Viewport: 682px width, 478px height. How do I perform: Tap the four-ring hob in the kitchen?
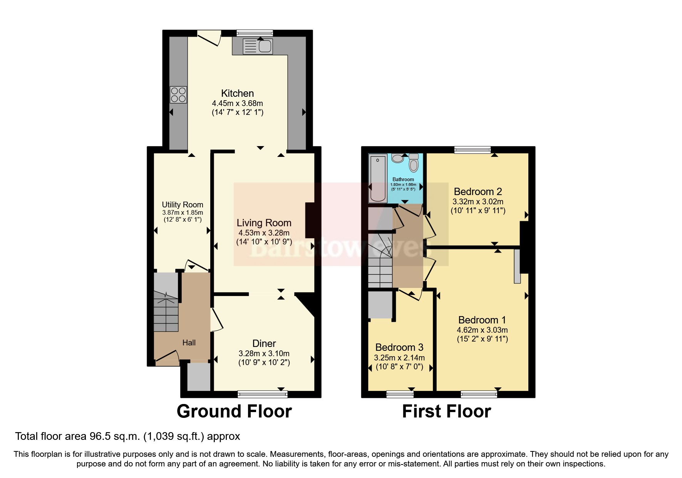(178, 94)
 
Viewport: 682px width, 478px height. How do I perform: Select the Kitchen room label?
(237, 93)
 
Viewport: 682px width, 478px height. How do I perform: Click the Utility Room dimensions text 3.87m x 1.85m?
(183, 212)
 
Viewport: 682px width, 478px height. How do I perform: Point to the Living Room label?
(264, 223)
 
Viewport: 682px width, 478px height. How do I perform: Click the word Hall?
(189, 343)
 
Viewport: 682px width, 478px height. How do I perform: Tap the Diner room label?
(264, 343)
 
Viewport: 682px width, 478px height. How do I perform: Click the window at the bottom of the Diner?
(263, 394)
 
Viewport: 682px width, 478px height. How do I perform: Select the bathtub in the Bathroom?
(378, 178)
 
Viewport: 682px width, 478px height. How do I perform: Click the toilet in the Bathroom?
(414, 163)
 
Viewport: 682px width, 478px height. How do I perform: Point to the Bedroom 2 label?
(478, 192)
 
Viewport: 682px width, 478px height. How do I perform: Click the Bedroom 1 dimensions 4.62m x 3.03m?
(482, 330)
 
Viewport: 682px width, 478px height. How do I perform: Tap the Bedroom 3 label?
(399, 347)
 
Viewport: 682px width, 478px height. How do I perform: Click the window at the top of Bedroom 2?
(472, 150)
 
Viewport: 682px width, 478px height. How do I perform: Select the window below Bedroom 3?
(400, 394)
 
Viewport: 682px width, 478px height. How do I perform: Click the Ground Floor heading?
(234, 411)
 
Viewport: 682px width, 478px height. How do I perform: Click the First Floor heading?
(446, 411)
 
